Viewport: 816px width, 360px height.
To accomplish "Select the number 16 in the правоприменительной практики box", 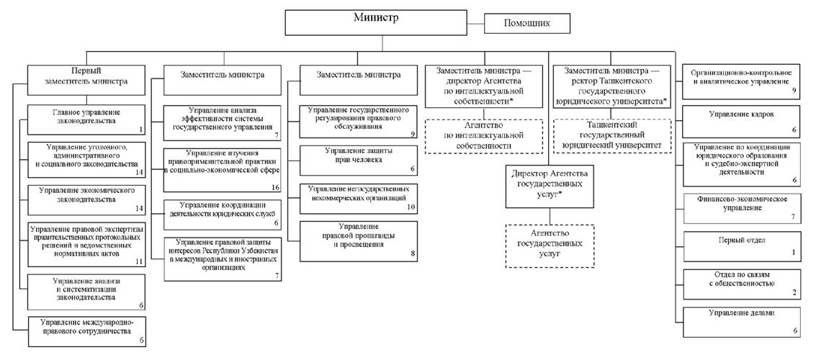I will pos(274,186).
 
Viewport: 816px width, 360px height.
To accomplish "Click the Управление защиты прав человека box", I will pos(358,158).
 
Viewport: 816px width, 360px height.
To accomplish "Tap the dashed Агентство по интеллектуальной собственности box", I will pos(479,135).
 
